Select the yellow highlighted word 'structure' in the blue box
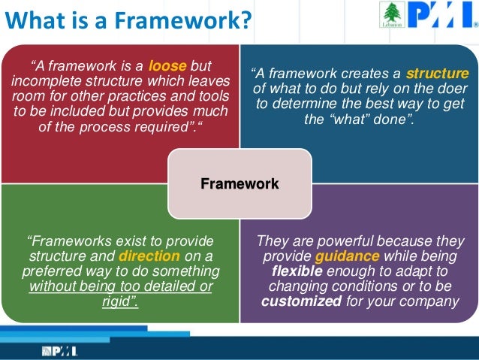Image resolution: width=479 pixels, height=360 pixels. (437, 74)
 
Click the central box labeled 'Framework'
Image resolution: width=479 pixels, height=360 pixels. (239, 183)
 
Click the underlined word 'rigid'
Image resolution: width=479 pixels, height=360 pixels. (119, 302)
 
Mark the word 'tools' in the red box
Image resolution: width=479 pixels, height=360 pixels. (212, 95)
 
